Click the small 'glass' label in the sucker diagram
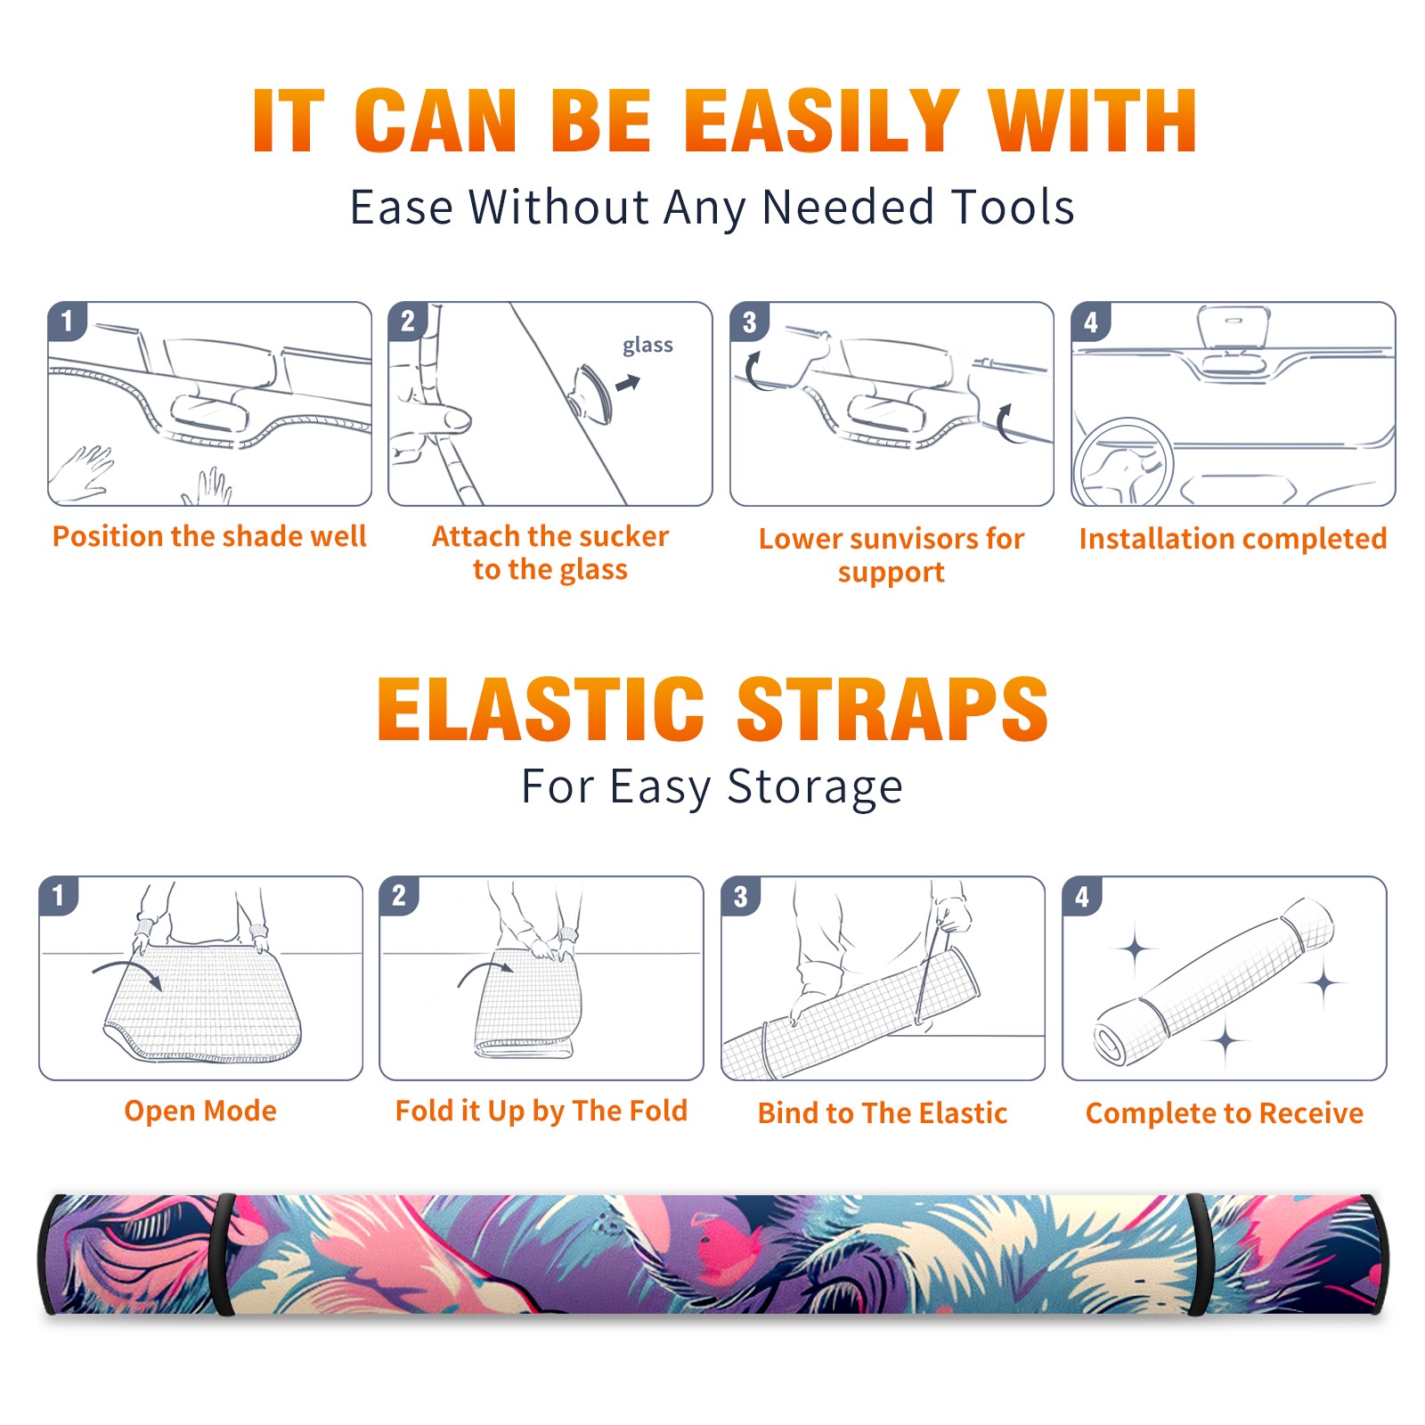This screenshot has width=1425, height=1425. coord(647,345)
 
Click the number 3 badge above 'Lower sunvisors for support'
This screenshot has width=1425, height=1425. coord(749,322)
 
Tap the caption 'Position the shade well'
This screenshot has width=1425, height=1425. coord(209,536)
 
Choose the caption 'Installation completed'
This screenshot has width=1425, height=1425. coord(1233,538)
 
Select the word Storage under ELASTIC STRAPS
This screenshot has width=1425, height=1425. coord(815,786)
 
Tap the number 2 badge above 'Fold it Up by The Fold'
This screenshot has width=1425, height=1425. coord(398,896)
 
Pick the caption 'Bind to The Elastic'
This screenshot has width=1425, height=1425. coord(883,1112)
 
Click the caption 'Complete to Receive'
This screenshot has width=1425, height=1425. coord(1225,1112)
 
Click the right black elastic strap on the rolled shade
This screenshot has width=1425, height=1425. coord(1198,1255)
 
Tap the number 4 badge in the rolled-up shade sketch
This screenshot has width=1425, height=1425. coord(1081,896)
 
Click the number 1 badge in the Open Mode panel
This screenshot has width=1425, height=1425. coord(59,896)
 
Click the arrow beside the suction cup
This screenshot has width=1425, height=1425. coord(629,383)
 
